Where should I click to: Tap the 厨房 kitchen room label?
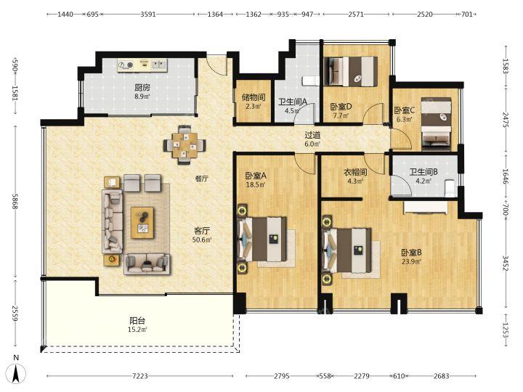tap(142, 88)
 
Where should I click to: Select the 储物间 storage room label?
tap(254, 97)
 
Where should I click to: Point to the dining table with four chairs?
tap(185, 145)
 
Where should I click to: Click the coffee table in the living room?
tap(142, 223)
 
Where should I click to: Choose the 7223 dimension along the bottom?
tap(139, 376)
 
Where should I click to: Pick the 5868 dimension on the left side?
tap(15, 201)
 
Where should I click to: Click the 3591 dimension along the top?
tap(147, 14)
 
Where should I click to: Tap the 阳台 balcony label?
tap(137, 321)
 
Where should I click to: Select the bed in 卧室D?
tap(350, 71)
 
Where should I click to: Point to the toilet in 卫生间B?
tap(450, 188)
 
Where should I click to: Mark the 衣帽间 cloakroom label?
tap(355, 172)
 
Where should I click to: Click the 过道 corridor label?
tap(312, 135)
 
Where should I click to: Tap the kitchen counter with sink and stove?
tap(142, 65)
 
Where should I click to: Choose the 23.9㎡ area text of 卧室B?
tap(411, 261)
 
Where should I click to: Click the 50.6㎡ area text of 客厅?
tap(202, 240)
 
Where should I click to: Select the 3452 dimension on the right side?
tap(506, 264)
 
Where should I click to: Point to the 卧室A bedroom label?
tap(256, 176)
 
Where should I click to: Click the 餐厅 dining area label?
tap(201, 179)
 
